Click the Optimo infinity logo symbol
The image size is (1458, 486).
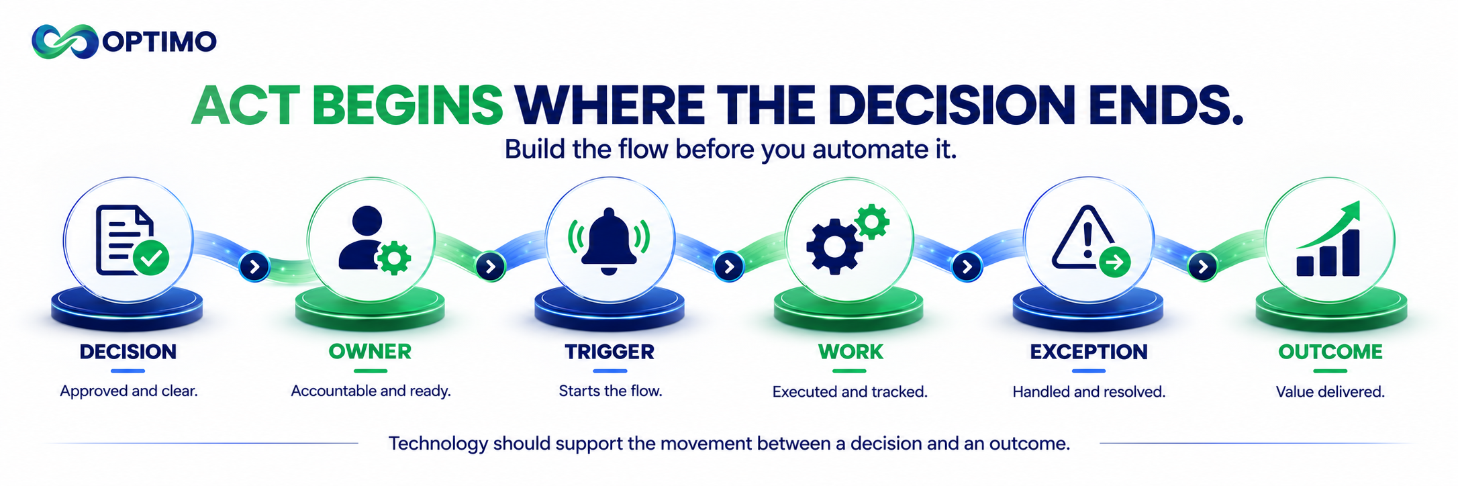point(65,42)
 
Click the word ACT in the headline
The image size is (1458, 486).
point(246,105)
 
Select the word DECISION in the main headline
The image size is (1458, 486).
point(951,105)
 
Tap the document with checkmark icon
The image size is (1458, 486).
point(132,240)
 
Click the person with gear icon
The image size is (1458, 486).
point(374,240)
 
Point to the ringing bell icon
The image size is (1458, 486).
point(609,241)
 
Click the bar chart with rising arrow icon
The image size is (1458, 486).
point(1328,239)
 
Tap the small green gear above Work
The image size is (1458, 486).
point(872,221)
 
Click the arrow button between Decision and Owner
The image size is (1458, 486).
point(254,267)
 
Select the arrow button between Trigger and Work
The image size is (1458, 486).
point(729,267)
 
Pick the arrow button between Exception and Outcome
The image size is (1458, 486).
point(1203,267)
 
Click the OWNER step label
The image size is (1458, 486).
point(370,352)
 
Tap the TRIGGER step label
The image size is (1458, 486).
point(610,352)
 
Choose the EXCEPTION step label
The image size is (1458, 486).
point(1089,352)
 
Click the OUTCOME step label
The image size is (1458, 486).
point(1330,352)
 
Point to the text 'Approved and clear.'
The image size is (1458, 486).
point(129,391)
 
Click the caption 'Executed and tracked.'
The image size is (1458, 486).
point(850,391)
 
